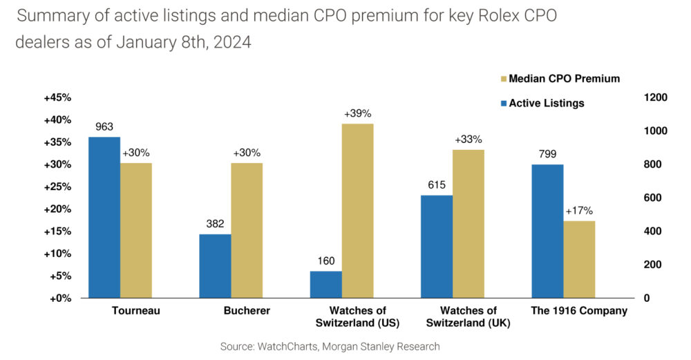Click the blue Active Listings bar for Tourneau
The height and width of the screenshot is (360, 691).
[104, 218]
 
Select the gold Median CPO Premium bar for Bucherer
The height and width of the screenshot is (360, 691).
[247, 231]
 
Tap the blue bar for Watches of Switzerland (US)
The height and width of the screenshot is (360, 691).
[326, 285]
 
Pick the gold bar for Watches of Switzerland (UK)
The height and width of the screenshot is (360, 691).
[468, 224]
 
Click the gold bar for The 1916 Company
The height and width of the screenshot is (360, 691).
[579, 260]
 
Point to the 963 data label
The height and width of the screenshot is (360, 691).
[104, 127]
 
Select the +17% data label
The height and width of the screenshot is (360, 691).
[579, 211]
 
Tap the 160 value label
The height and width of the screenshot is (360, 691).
[326, 261]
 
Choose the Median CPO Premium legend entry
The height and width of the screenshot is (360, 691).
[564, 79]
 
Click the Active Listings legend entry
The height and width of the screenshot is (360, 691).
[546, 103]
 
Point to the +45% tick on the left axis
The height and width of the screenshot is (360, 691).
[57, 97]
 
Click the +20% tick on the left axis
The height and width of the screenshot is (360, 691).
[57, 209]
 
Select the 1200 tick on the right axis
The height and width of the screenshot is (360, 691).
[654, 97]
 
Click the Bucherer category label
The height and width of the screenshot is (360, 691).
[247, 311]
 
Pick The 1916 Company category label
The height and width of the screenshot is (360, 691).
[579, 311]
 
